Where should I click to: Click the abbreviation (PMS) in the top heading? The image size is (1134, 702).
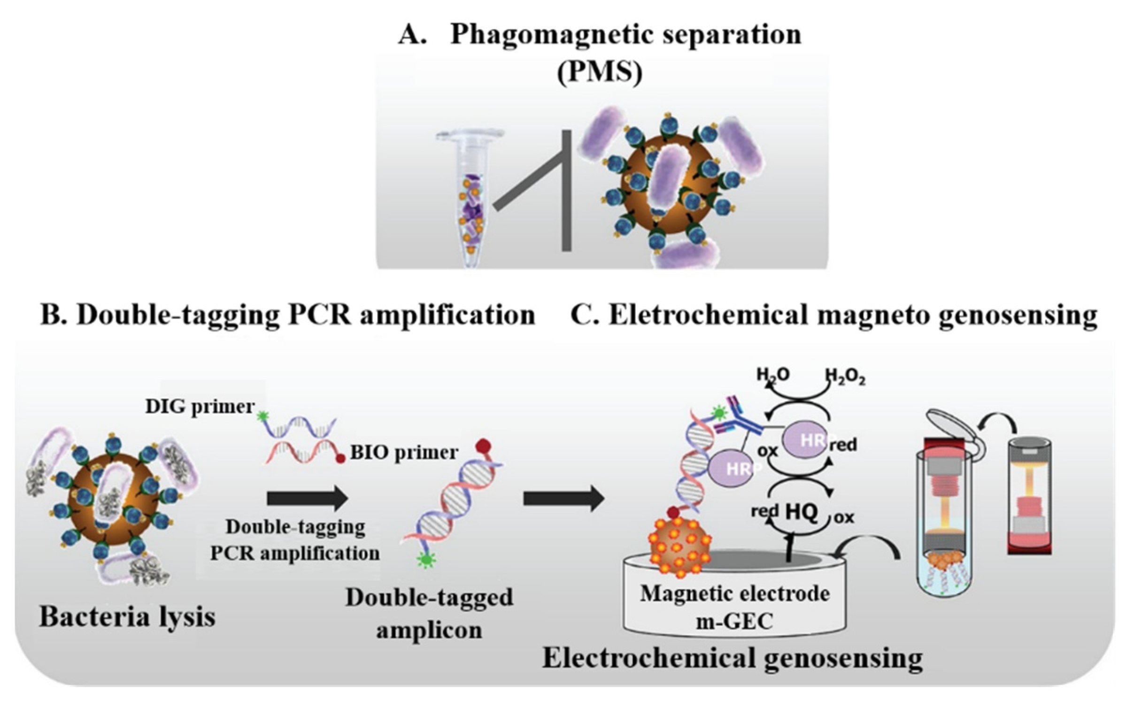click(x=599, y=72)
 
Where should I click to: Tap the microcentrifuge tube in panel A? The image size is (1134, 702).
click(x=470, y=197)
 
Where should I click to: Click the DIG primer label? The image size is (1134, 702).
click(x=200, y=407)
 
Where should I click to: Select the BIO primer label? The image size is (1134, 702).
click(x=404, y=453)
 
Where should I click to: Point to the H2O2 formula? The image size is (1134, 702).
click(x=845, y=376)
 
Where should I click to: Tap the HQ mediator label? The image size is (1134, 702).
click(x=802, y=512)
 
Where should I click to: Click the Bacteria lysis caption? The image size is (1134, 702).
click(x=127, y=617)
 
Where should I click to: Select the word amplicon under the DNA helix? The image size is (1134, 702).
click(x=429, y=629)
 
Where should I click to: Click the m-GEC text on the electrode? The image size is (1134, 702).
click(x=734, y=621)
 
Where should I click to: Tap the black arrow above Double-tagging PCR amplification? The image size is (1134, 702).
click(x=308, y=498)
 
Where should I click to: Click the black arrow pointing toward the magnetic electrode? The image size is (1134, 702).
click(x=563, y=498)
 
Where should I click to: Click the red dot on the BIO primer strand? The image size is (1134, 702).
click(x=340, y=458)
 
